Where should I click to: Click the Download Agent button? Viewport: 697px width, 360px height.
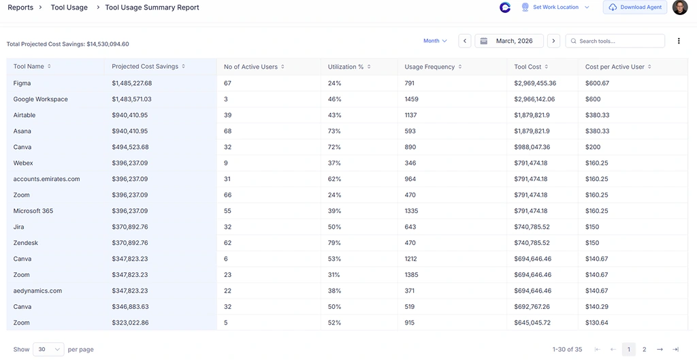[x=635, y=7]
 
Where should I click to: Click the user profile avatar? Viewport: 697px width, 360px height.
[x=679, y=7]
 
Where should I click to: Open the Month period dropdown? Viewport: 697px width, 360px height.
[x=435, y=41]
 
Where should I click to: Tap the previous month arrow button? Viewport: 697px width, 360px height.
[x=465, y=41]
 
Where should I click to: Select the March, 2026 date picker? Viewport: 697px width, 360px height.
[x=508, y=41]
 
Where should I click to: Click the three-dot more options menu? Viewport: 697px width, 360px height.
[x=679, y=41]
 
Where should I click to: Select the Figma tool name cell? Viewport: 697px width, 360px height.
[x=22, y=83]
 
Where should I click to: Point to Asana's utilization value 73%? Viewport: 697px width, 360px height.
[x=334, y=131]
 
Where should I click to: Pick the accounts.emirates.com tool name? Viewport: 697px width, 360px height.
[x=46, y=179]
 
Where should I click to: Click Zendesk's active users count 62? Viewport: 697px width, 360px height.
[x=228, y=243]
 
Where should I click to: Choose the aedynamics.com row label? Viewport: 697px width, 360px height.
[x=37, y=291]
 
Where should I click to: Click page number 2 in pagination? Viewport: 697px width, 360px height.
[x=644, y=349]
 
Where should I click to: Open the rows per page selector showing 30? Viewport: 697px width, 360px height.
[x=48, y=349]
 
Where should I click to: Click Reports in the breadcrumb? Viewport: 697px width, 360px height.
[x=20, y=7]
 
